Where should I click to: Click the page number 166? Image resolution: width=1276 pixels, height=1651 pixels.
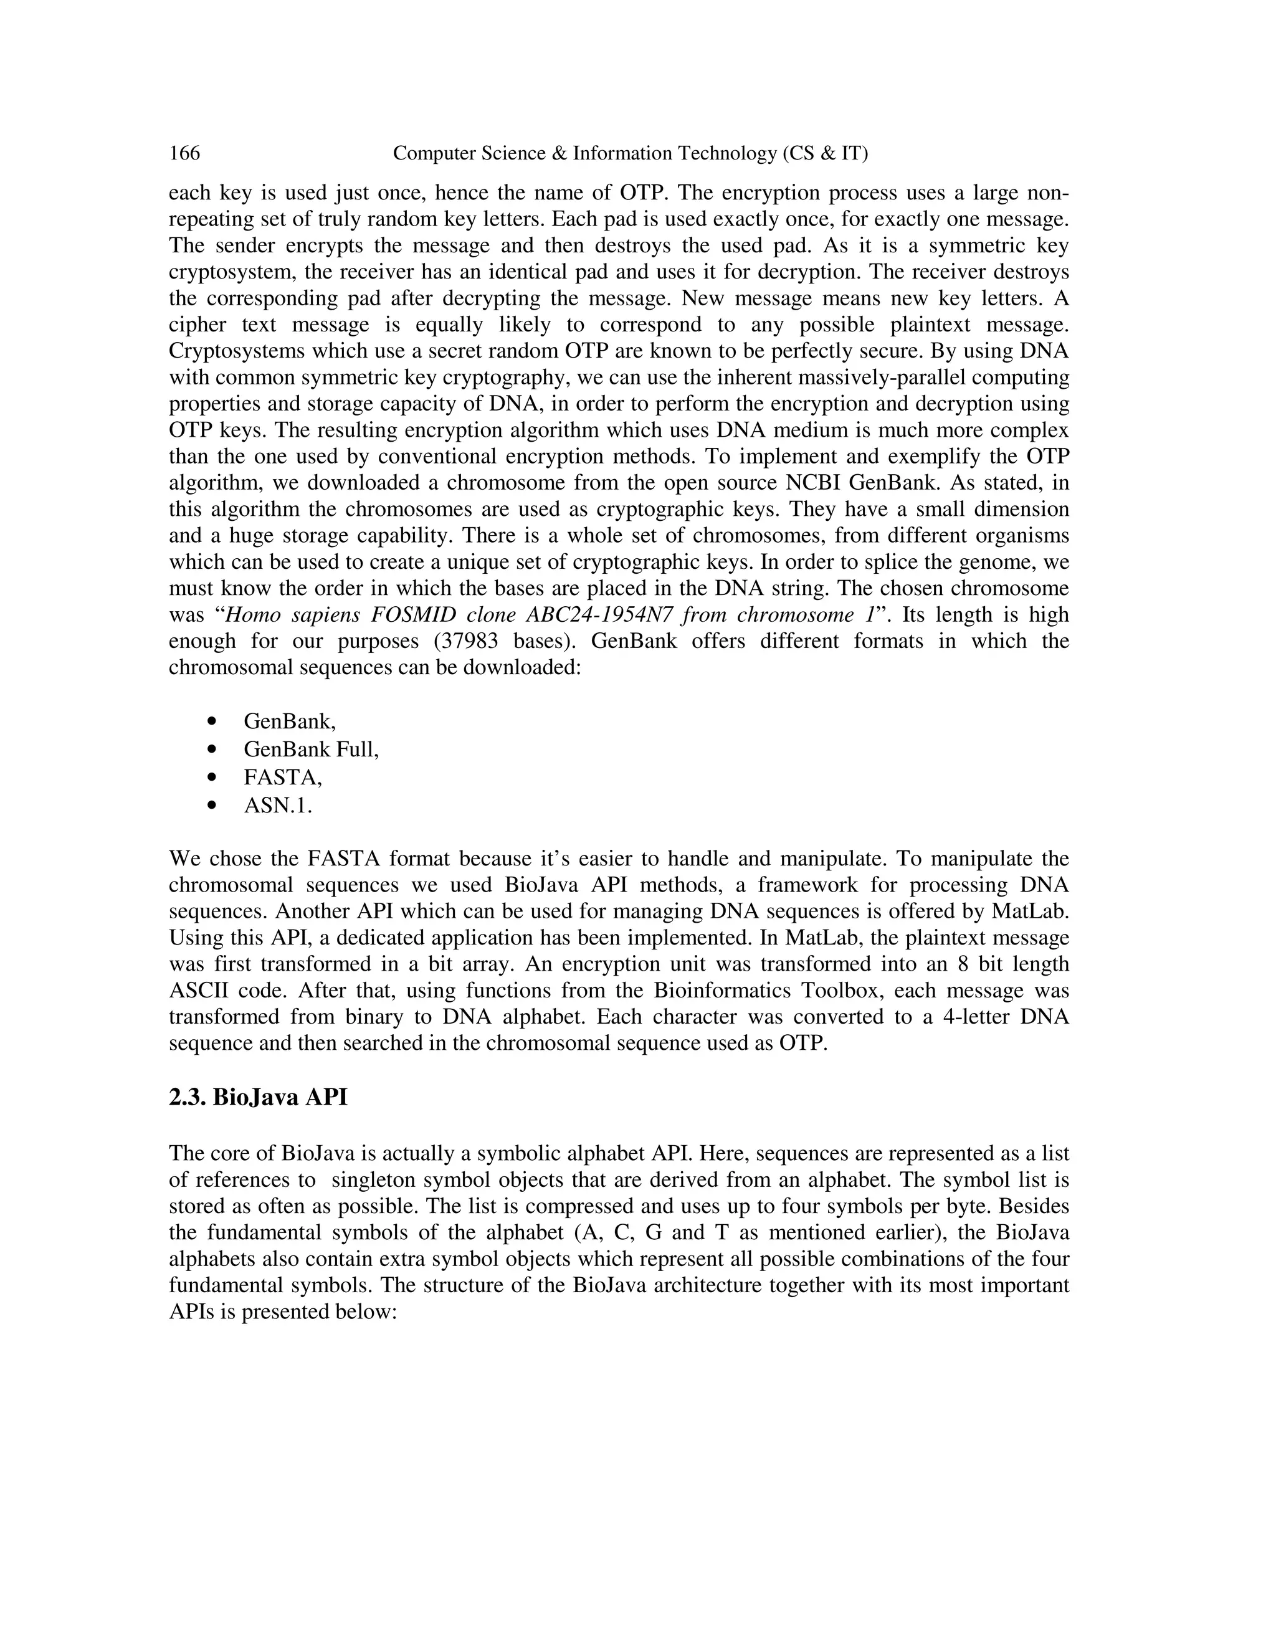tap(184, 153)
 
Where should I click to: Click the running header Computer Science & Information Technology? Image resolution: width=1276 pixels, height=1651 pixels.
tap(631, 153)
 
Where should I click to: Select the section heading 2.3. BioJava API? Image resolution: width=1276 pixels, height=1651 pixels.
tap(258, 1097)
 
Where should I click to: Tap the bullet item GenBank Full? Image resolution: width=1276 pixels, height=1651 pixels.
tap(311, 749)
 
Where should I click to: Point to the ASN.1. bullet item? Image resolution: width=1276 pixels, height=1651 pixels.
tap(277, 806)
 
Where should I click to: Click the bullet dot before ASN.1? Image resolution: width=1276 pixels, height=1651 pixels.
tap(212, 806)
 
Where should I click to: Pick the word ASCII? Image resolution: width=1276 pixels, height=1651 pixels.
tap(194, 991)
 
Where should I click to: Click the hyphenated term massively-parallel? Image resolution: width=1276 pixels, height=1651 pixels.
tap(859, 377)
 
